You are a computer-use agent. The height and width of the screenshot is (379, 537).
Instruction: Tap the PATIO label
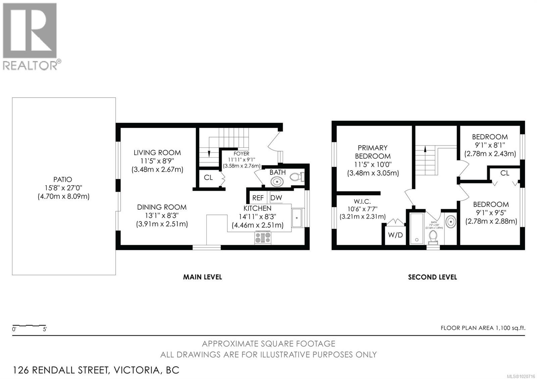62,179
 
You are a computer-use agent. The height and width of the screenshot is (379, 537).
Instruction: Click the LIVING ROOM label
157,153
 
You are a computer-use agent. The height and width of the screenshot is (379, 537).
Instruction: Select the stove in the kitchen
263,237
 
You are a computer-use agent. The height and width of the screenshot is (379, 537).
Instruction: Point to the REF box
258,198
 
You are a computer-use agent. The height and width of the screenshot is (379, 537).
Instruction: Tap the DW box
276,198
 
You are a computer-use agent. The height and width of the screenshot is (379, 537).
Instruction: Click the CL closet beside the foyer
208,177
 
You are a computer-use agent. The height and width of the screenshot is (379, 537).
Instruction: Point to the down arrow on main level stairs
209,153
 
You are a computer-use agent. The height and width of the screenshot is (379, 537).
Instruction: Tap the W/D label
395,235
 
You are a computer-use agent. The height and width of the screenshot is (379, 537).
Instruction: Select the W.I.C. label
362,202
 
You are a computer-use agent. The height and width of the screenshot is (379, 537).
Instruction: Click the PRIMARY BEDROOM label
373,152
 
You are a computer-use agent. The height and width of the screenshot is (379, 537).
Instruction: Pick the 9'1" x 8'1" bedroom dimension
490,145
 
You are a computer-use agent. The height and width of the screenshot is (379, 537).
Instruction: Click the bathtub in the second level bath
417,228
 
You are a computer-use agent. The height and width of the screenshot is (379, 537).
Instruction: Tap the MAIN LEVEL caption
202,277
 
